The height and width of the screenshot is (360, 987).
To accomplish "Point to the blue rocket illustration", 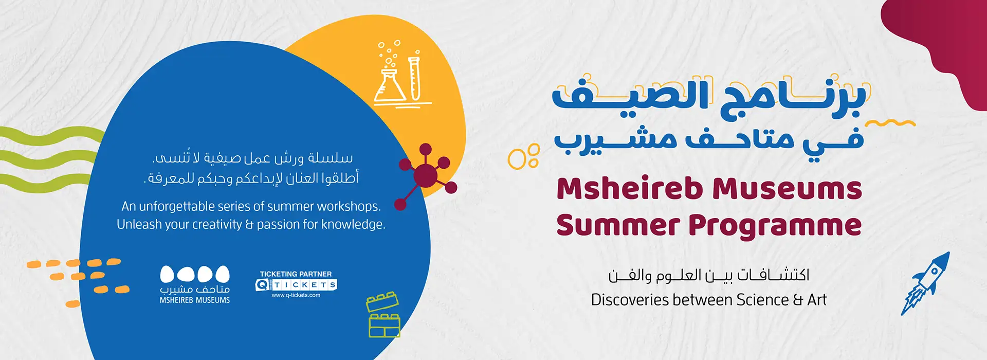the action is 926,283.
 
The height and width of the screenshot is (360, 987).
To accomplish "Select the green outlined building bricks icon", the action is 383,315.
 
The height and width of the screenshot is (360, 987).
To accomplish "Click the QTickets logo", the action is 296,285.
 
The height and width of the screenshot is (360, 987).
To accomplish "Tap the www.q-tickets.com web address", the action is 296,295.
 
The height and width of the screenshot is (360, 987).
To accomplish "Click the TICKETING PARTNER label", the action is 296,274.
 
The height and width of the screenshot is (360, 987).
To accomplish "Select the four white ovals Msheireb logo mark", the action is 195,274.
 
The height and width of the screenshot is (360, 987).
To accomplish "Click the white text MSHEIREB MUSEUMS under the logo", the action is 195,300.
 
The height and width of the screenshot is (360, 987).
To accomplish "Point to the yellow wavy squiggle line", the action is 890,123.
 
